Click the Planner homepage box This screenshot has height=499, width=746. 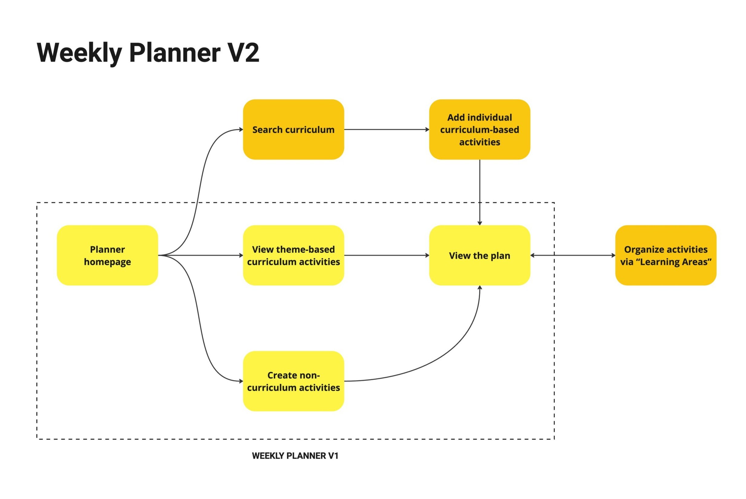107,255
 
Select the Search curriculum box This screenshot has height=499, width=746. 293,130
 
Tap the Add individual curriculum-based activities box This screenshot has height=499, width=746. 480,130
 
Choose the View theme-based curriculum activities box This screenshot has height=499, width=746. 293,255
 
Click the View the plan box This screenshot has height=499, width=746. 480,255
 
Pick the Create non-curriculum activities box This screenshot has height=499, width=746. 293,381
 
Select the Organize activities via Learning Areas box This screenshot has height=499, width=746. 666,255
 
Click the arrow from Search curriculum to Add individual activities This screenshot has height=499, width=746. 387,130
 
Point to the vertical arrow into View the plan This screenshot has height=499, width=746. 480,193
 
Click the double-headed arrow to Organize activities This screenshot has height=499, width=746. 573,255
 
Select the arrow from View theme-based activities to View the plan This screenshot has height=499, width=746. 387,255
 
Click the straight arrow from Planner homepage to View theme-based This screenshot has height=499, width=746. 201,255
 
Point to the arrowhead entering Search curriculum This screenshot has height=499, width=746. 241,130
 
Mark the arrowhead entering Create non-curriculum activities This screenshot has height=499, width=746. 241,381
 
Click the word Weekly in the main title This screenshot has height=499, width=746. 80,53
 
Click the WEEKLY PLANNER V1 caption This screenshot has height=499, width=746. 295,456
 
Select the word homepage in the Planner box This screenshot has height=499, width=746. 107,262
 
